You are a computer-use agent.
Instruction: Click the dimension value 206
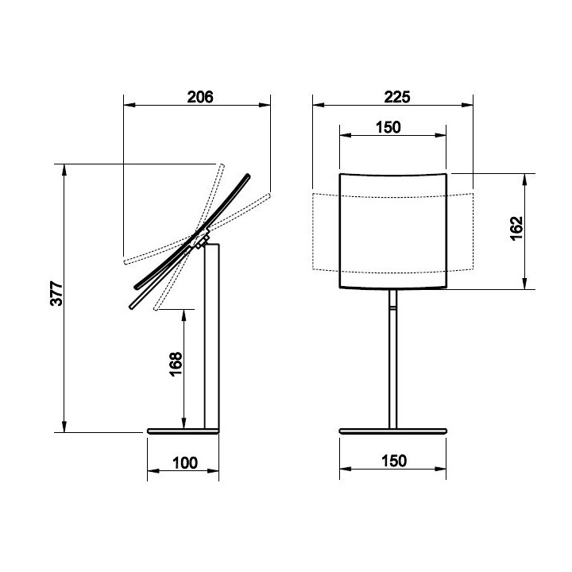[200, 97]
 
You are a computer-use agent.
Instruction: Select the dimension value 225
[397, 97]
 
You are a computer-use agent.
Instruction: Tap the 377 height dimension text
[57, 293]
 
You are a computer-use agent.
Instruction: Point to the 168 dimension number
[176, 364]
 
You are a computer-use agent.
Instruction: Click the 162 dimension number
[516, 228]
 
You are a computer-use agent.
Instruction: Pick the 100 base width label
[185, 463]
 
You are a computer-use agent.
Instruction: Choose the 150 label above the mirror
[388, 127]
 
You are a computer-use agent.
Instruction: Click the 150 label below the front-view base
[394, 461]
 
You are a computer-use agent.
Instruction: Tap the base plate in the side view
[184, 431]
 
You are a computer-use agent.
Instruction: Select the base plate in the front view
[393, 431]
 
